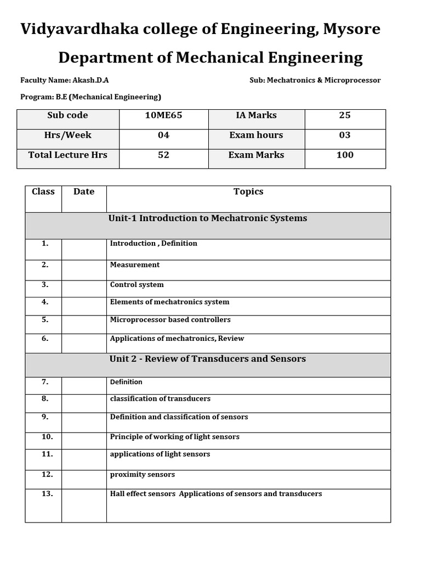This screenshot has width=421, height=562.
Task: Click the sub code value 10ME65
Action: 163,115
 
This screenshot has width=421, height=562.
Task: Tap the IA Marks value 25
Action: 345,115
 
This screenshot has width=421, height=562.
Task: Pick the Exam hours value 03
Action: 345,135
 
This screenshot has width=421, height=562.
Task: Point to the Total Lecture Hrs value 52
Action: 163,155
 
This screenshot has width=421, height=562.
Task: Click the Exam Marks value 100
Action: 345,155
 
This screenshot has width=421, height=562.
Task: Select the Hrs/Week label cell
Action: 68,135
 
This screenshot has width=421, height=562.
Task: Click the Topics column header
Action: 248,192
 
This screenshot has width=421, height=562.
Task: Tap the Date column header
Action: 84,192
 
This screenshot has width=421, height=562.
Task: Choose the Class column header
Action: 43,192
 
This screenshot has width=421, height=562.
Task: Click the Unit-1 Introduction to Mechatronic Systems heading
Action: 208,218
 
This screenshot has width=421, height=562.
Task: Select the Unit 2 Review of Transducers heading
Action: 208,359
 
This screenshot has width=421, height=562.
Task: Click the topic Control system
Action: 137,285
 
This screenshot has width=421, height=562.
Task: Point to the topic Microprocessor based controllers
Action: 170,319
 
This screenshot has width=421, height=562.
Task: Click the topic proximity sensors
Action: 143,474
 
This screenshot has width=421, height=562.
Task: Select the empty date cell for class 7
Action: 84,385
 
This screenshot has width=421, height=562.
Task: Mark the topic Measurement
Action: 135,265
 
